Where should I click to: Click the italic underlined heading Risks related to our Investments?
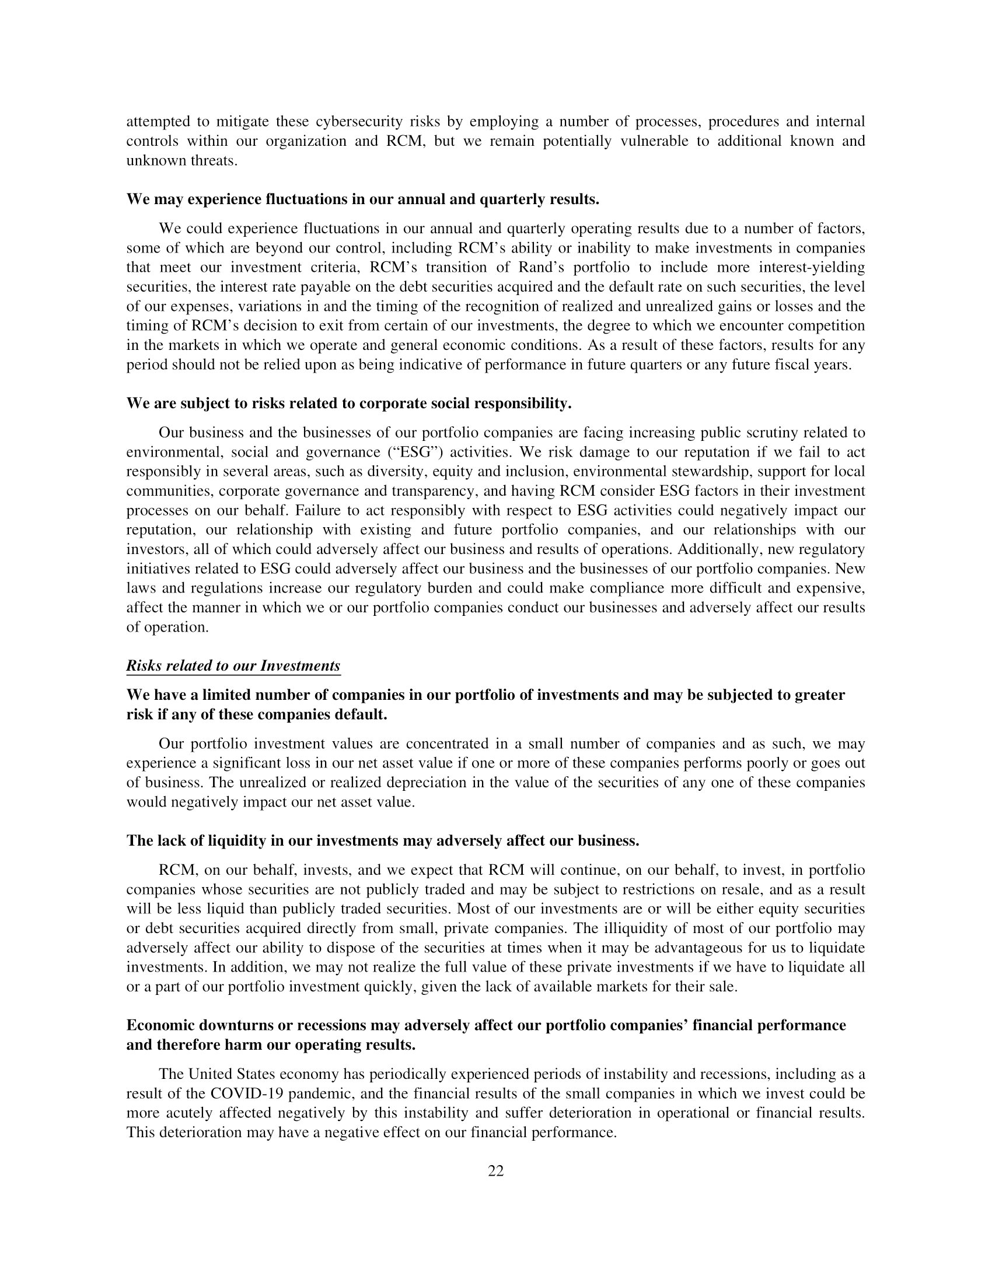(233, 665)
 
